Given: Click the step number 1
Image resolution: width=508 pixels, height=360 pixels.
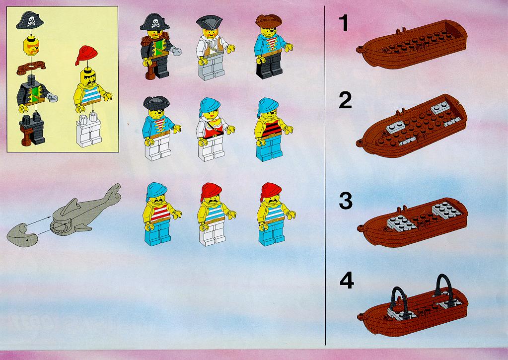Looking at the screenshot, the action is coord(344,23).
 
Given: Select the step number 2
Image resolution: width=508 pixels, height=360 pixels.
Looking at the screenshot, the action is coord(345,100).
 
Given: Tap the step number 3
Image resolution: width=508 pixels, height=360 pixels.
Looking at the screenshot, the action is coord(346,201).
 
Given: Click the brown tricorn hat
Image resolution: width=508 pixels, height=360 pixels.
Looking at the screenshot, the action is coord(269,21).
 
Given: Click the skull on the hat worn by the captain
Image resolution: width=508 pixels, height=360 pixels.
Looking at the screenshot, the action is coord(155,23).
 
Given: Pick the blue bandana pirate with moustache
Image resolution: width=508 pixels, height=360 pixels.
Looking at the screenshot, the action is coord(160,214).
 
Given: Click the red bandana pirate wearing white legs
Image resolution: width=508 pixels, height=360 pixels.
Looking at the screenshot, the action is coord(215,214).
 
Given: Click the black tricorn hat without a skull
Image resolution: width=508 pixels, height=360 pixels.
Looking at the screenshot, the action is coord(156,103).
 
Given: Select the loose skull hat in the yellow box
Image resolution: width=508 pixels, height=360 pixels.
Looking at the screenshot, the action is coord(30,20).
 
